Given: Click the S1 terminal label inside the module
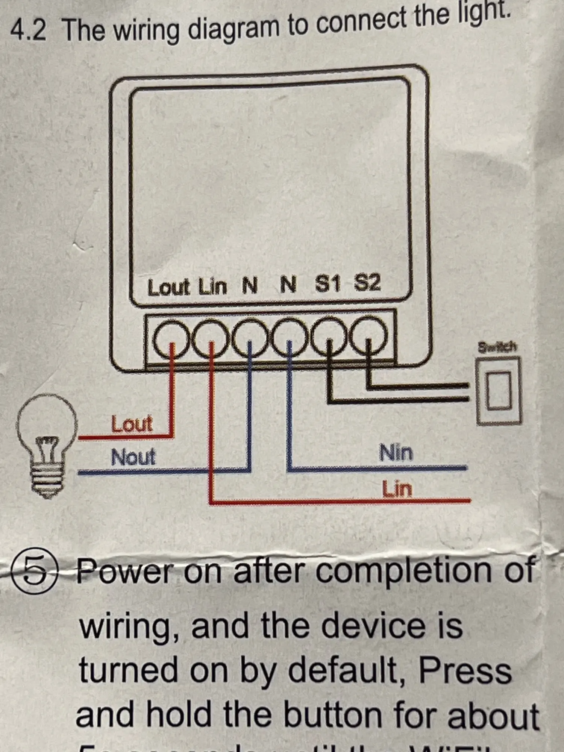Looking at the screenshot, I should [328, 284].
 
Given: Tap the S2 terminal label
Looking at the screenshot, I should [367, 282].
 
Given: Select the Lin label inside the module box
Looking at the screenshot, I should [213, 287].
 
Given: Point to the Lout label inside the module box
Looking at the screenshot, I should [169, 288].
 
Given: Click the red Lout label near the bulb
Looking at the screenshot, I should [132, 424].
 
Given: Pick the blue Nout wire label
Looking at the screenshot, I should [133, 457].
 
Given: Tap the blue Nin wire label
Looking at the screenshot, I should [396, 452].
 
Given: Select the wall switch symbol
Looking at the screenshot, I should [499, 391].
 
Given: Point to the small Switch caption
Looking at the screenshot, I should [497, 347].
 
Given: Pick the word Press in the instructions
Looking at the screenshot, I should [465, 670].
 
